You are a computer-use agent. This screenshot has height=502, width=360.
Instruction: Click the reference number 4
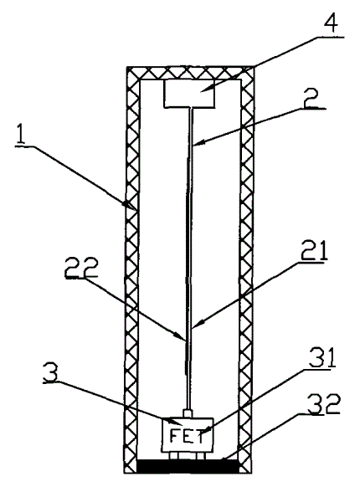[330, 22]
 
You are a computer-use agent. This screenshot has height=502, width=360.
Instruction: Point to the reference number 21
[314, 249]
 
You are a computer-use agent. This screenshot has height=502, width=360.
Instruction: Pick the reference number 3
[50, 372]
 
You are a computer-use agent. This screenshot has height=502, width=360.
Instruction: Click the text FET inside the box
[187, 437]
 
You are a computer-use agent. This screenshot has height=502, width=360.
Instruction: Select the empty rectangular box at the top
[189, 94]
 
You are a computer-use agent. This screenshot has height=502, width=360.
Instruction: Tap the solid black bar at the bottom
[188, 466]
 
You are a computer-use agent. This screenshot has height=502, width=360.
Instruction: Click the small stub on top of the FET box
[188, 413]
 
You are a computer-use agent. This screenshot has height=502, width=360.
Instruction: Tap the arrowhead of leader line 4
[203, 90]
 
